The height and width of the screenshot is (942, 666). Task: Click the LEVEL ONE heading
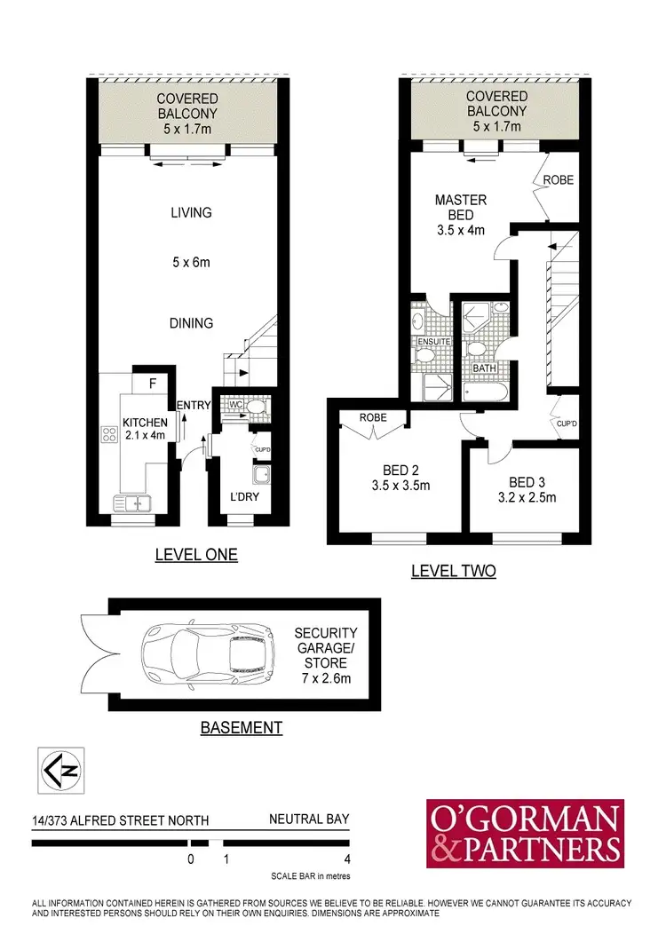(196, 555)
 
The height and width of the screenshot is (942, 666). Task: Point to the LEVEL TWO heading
(453, 571)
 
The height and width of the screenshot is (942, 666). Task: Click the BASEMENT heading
(241, 728)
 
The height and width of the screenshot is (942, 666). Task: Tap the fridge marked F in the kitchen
(152, 384)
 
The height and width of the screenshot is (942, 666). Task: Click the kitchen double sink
(131, 503)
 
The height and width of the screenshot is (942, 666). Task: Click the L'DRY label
(244, 497)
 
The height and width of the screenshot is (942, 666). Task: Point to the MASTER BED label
(460, 208)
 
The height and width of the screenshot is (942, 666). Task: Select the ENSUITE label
(435, 341)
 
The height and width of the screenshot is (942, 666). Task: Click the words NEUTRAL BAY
(310, 819)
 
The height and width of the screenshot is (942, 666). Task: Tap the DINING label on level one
(191, 323)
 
